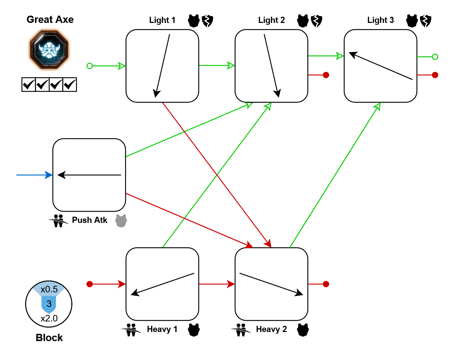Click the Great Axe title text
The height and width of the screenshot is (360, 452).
pos(50,20)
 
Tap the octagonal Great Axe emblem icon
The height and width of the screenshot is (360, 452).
pos(49,50)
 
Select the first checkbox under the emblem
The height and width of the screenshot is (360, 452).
pos(28,85)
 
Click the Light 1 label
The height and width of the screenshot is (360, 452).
pos(162,20)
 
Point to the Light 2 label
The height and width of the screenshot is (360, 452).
pos(271,20)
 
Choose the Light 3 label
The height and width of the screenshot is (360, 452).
pos(380,20)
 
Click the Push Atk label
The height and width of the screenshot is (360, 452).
pos(89,220)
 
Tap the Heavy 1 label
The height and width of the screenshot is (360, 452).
pos(162,329)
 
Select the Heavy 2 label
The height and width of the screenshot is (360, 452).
pos(271,329)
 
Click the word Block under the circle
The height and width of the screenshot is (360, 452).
pos(49,338)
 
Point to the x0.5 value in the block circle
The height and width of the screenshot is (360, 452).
pos(49,289)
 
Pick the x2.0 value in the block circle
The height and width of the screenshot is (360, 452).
pos(49,319)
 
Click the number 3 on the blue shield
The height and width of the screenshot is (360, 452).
pos(49,304)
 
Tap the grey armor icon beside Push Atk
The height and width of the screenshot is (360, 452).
pos(121,221)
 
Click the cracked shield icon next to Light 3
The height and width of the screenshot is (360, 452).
pos(425,21)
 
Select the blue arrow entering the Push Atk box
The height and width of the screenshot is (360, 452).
pos(34,175)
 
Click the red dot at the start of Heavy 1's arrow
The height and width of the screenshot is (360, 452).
pos(90,284)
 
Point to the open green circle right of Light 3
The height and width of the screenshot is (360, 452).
pos(435,57)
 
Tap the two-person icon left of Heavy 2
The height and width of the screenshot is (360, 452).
pos(240,330)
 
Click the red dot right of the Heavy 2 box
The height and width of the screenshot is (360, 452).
pos(326,284)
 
